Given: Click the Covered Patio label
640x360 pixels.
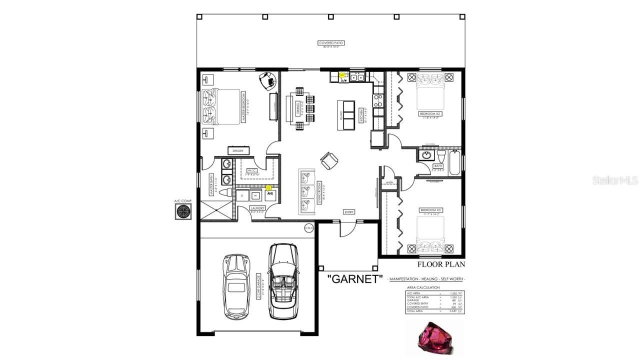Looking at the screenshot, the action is pos(331,43).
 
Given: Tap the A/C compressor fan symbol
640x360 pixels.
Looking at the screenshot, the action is pos(183,211).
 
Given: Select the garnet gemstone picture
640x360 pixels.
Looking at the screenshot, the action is pos(435,336).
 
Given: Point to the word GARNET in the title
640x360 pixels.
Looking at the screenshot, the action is pos(355,279).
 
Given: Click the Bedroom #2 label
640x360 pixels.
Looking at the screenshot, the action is pos(430,114).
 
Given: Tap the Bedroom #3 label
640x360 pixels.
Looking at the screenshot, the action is pos(430,209).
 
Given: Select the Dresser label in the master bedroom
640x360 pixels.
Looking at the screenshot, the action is pos(238,150).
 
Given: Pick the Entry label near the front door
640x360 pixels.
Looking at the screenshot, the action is pos(349,212).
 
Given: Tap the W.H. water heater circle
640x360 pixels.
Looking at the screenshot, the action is pos(309,228).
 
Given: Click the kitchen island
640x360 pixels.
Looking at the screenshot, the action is pos(348,115).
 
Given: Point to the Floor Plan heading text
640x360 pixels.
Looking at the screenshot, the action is pos(441,264).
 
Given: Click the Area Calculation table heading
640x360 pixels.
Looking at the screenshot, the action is pos(423,287).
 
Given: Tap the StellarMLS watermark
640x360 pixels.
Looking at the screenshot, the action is pos(615,180).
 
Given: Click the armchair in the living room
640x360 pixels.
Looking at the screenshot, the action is pos(329,160).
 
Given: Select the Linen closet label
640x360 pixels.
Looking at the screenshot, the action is pos(389,182).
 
